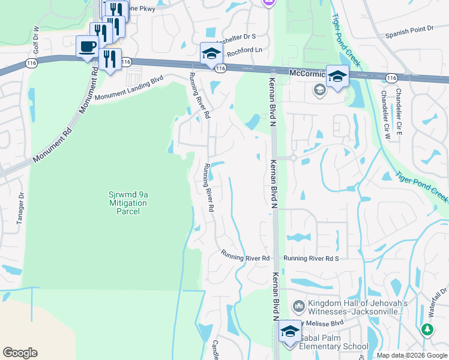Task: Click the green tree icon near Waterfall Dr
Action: pyautogui.click(x=427, y=329)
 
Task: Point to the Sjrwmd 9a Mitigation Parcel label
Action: pyautogui.click(x=127, y=199)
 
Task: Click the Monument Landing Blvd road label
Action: pyautogui.click(x=128, y=88)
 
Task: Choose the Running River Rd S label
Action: pyautogui.click(x=312, y=258)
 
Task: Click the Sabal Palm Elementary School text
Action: pyautogui.click(x=330, y=346)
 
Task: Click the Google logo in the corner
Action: pyautogui.click(x=20, y=353)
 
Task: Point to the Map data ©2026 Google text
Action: pyautogui.click(x=412, y=355)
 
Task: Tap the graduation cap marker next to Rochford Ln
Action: pyautogui.click(x=211, y=53)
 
